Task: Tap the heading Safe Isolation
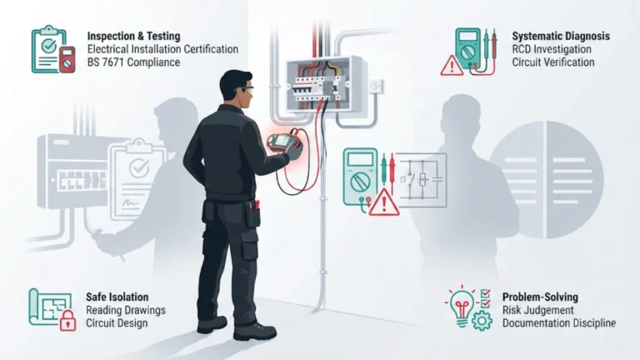point(117,297)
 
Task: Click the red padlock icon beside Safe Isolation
point(67,322)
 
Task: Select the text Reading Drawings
point(126,310)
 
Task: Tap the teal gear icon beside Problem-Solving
point(481,321)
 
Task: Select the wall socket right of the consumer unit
point(375,86)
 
